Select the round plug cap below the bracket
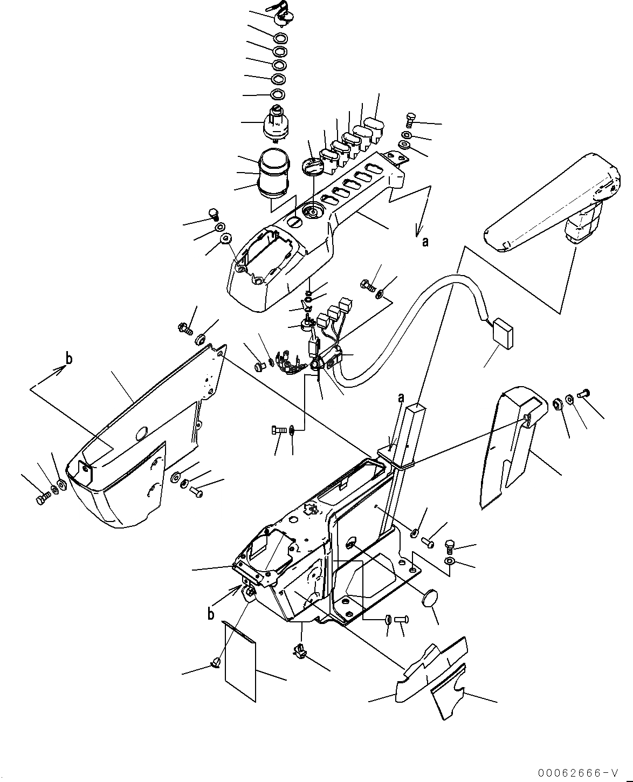point(430,600)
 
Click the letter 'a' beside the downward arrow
point(425,242)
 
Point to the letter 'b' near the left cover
point(68,358)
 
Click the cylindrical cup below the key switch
point(276,172)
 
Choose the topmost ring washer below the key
point(281,38)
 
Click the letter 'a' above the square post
point(401,398)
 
